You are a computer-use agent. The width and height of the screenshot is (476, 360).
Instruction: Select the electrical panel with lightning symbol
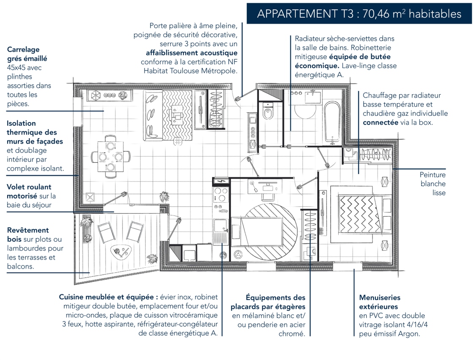point(220,181)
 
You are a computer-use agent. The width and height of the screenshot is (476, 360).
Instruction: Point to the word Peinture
point(432,175)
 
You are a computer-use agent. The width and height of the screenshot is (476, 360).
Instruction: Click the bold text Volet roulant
point(29,187)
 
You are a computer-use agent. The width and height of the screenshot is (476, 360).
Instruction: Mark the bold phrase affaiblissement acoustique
point(192,53)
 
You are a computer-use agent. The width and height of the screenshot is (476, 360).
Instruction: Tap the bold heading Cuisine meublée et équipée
point(109,297)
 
